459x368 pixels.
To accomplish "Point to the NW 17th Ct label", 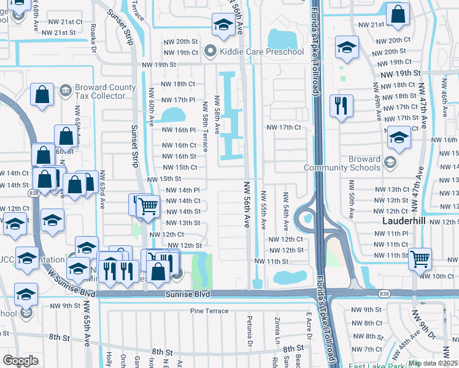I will (283, 127).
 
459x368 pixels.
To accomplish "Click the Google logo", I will (20, 361).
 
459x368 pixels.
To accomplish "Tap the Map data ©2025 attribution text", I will (433, 363).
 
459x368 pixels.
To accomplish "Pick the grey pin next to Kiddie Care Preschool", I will (211, 52).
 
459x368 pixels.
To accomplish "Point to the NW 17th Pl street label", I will (177, 99).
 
